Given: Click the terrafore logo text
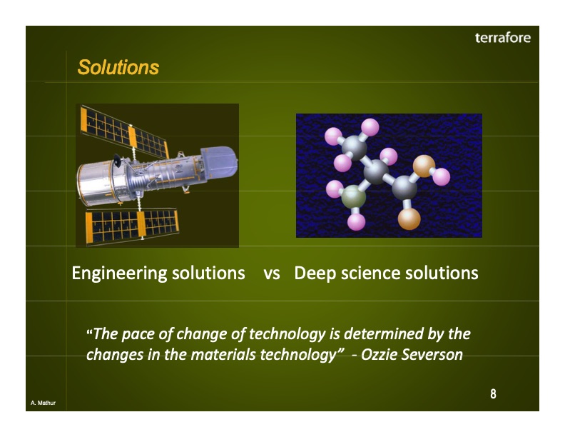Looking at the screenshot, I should pyautogui.click(x=502, y=38).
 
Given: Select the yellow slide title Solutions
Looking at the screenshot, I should pyautogui.click(x=118, y=68).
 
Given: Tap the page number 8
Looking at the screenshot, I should pyautogui.click(x=493, y=394).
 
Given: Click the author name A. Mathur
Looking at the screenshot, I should pyautogui.click(x=44, y=404).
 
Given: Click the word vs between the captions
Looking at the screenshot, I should pyautogui.click(x=271, y=273).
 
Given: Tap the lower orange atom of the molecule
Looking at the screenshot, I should pyautogui.click(x=409, y=218).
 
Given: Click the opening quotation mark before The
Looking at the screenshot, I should pyautogui.click(x=89, y=333).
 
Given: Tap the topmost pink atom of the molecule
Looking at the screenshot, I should pyautogui.click(x=370, y=127).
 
